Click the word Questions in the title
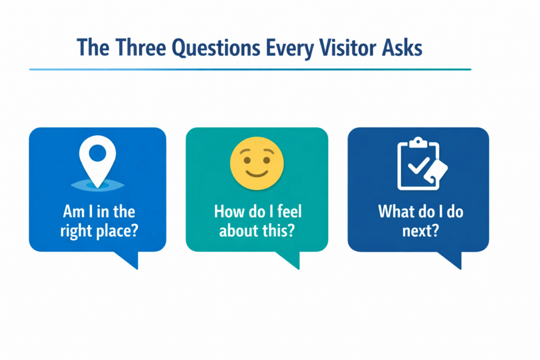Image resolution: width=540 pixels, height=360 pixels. click(216, 48)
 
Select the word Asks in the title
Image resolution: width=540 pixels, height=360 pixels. click(402, 47)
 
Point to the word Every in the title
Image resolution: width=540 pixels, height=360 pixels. click(290, 48)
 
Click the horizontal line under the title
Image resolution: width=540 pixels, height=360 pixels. click(250, 69)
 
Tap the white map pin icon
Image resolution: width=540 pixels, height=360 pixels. click(98, 161)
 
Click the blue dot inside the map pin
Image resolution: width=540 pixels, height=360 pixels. click(98, 153)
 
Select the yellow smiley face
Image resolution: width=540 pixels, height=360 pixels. click(257, 163)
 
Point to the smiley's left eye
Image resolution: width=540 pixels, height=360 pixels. click(247, 160)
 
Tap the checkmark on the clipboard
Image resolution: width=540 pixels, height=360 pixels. click(419, 166)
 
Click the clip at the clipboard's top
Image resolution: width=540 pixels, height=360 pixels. click(418, 142)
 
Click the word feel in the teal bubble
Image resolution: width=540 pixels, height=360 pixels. click(290, 211)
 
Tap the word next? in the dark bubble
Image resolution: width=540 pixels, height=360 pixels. click(420, 230)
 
